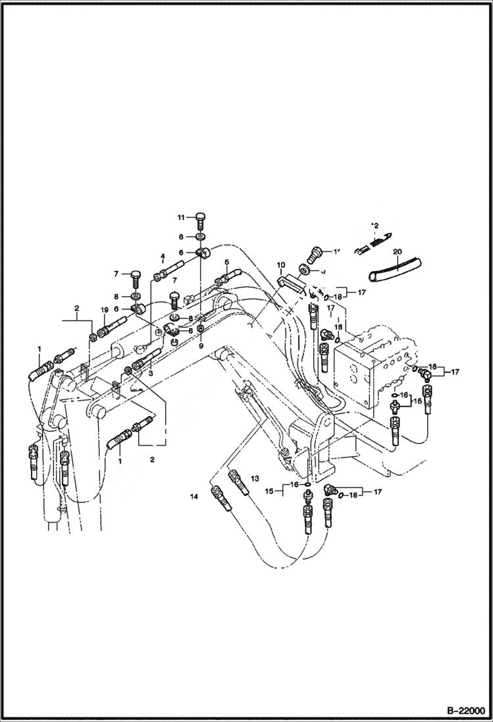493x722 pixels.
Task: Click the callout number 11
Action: pyautogui.click(x=180, y=217)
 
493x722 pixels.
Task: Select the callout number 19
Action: pyautogui.click(x=104, y=309)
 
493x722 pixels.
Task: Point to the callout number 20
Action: pyautogui.click(x=397, y=251)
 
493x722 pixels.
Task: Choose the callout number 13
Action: pyautogui.click(x=255, y=477)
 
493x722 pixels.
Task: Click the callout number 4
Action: pyautogui.click(x=161, y=256)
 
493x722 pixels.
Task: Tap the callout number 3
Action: pyautogui.click(x=151, y=373)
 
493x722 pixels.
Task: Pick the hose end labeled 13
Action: pyautogui.click(x=238, y=480)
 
